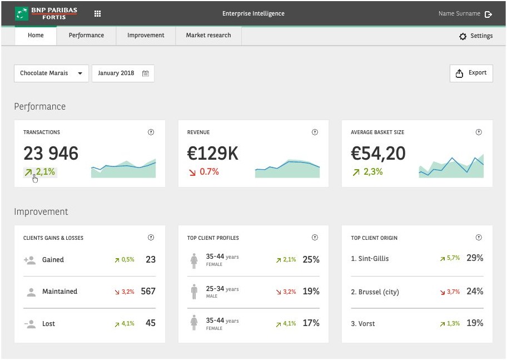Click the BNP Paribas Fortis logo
(x=46, y=13)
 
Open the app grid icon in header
(x=97, y=13)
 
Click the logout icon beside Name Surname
(x=488, y=14)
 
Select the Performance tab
(x=86, y=35)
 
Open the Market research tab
(x=208, y=35)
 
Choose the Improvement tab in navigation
(x=146, y=35)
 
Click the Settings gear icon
(x=463, y=36)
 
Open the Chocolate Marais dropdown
(x=51, y=73)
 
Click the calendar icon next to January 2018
(x=146, y=73)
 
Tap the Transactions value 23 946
(x=51, y=153)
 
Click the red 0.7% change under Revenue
(x=204, y=171)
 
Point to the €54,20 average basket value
(x=378, y=154)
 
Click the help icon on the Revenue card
(x=315, y=132)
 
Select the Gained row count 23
(x=151, y=259)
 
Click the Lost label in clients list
(x=48, y=324)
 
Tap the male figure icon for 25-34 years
(x=194, y=292)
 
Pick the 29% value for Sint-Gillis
(x=475, y=258)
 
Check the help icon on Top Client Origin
(x=479, y=238)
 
